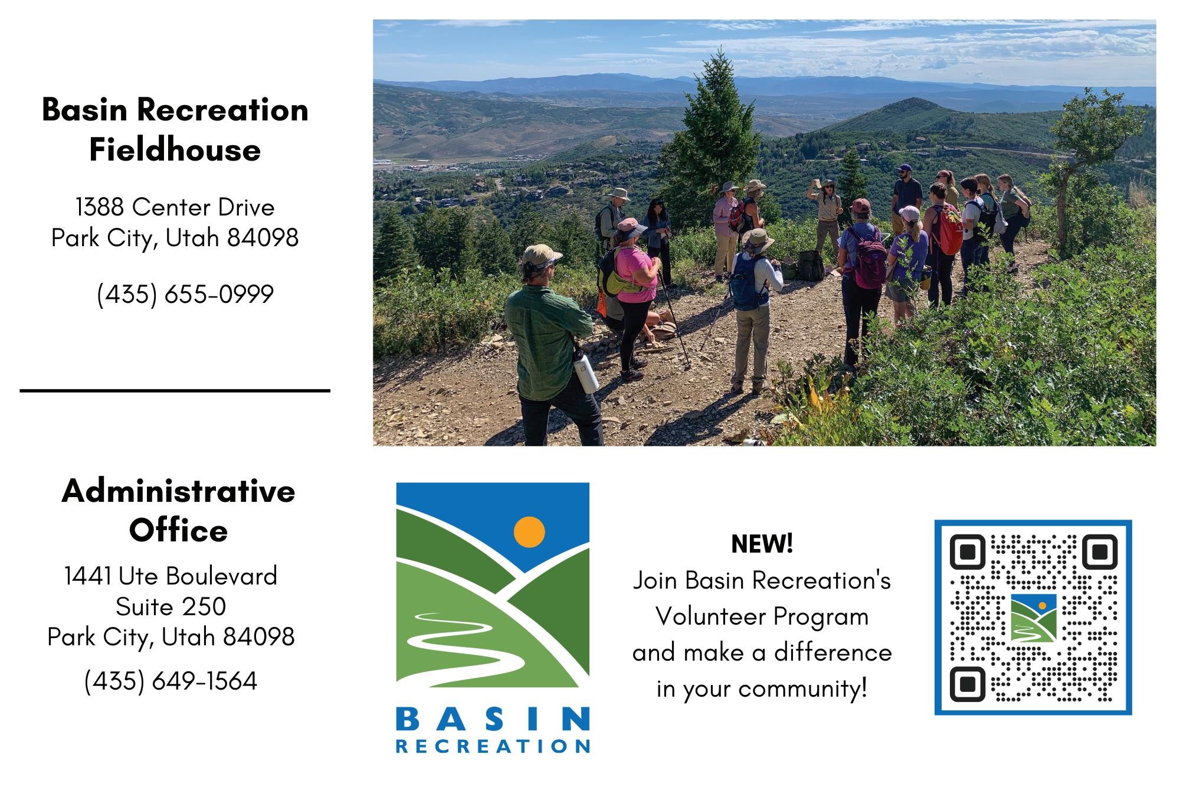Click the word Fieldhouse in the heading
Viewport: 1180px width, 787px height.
tap(175, 149)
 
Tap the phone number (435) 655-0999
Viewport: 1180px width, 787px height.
tap(185, 294)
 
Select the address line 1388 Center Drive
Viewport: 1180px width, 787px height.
tap(175, 207)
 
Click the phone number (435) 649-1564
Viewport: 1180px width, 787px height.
tap(171, 681)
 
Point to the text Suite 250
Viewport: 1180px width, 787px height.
tap(171, 606)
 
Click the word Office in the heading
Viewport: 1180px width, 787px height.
tap(178, 530)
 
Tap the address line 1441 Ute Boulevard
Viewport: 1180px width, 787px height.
tap(171, 576)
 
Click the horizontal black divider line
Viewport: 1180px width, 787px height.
tap(175, 391)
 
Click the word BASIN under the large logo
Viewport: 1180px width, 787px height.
tap(493, 720)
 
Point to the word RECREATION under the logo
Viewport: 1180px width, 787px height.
tap(493, 746)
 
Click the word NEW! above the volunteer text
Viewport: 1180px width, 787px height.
tap(762, 544)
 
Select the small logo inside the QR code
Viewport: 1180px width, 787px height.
tap(1033, 618)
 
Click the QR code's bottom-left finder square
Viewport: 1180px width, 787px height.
tap(968, 684)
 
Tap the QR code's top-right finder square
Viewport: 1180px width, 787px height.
tap(1100, 552)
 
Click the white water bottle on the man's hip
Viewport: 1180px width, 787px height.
tap(585, 373)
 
